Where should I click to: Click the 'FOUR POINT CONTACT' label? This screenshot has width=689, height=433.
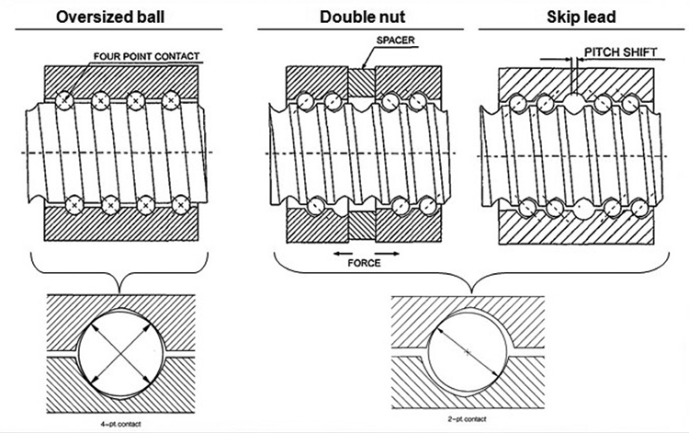tap(147, 57)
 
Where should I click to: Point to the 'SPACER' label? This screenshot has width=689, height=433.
tap(394, 40)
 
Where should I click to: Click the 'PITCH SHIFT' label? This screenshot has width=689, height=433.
tap(620, 52)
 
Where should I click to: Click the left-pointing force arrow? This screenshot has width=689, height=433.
tap(344, 251)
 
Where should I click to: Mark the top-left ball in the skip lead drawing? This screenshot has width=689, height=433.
tap(520, 103)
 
